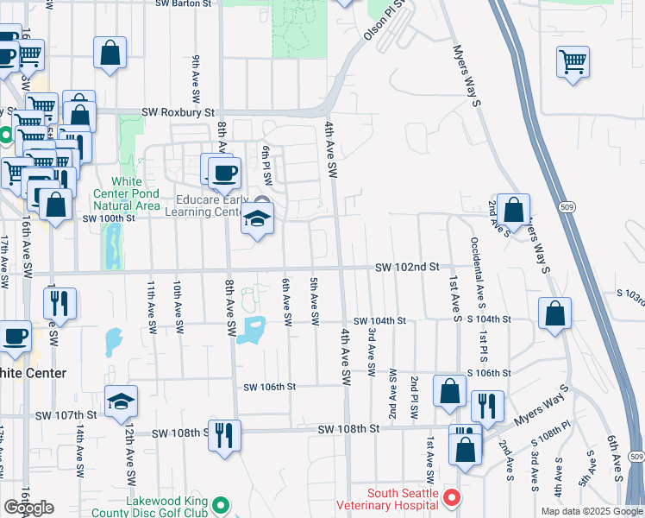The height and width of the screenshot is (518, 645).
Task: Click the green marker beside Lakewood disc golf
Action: coord(222,505)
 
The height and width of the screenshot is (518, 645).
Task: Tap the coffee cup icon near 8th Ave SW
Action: coord(224,171)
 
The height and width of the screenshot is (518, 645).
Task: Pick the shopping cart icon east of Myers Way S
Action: coord(573,60)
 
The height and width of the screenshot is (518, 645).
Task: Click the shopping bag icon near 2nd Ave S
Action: coord(513,210)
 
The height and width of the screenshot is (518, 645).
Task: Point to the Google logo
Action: coord(28,508)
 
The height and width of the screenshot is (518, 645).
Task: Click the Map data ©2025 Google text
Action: coord(591,511)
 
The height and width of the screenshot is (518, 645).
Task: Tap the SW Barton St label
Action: coord(184,3)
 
